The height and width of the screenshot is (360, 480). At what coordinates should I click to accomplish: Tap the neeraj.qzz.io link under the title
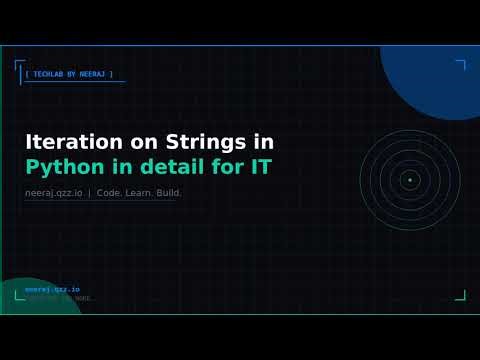[x=54, y=192]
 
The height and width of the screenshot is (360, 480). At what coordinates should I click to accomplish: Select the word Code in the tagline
[x=108, y=192]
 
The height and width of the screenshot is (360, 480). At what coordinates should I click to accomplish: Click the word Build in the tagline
[x=167, y=192]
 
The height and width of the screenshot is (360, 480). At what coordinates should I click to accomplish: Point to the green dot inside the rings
[x=409, y=180]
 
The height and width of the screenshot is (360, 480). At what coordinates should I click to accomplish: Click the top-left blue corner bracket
[x=19, y=66]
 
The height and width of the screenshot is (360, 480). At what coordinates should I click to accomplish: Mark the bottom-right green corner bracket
[x=461, y=296]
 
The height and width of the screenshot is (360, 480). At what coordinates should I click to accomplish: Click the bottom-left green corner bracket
[x=19, y=295]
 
